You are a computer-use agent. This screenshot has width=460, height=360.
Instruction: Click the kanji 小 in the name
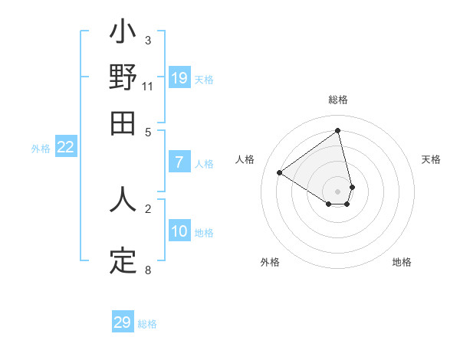click(123, 34)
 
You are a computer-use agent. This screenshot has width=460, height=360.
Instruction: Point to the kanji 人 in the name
click(123, 198)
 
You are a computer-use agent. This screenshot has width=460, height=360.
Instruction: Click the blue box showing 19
click(179, 78)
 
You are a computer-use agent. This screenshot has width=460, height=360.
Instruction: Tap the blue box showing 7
click(179, 162)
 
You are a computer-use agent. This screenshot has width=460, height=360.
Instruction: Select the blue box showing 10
click(179, 231)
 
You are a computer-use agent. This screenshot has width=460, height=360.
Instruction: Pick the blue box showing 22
click(65, 148)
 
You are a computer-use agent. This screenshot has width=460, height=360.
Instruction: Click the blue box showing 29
click(123, 322)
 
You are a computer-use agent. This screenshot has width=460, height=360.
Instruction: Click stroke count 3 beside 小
click(147, 41)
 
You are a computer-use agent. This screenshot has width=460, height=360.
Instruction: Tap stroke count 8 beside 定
click(147, 270)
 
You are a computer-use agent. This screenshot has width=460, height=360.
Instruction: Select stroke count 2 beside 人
click(147, 208)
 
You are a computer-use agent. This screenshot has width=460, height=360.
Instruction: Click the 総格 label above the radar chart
click(338, 100)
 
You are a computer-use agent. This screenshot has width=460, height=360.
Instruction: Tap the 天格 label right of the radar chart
click(431, 159)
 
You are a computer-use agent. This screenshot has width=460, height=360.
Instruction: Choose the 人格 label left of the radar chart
click(245, 159)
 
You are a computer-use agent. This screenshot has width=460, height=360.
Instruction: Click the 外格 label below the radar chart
click(270, 262)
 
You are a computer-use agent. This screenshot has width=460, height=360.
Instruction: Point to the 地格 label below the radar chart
click(402, 262)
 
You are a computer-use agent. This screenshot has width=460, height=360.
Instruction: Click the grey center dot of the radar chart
click(338, 191)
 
